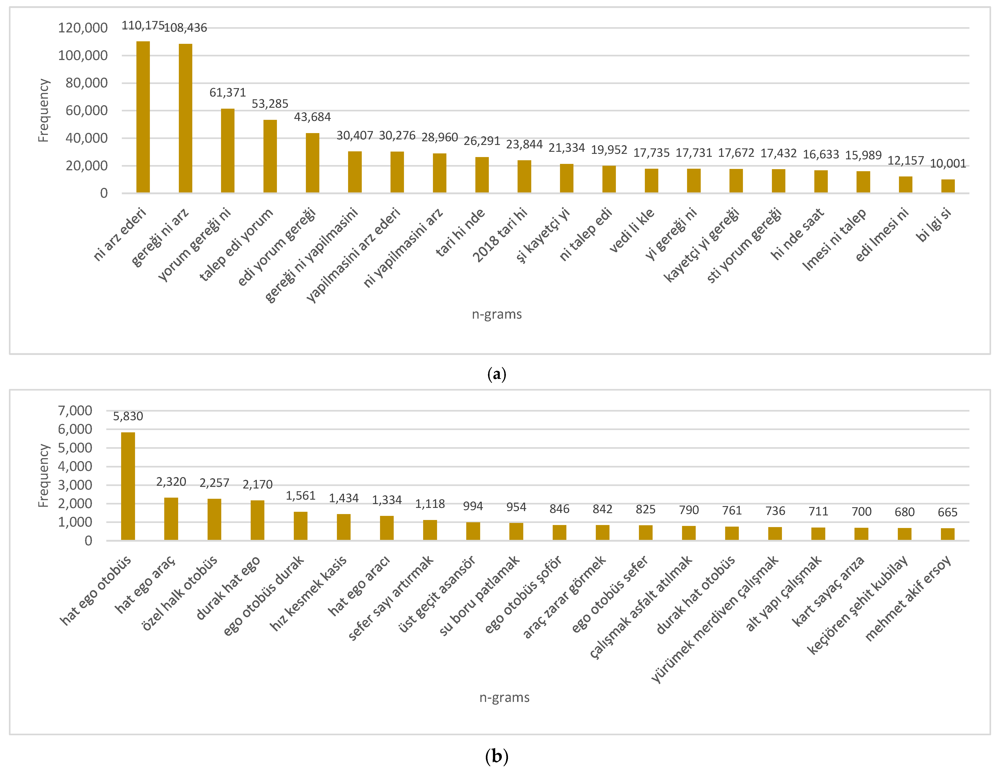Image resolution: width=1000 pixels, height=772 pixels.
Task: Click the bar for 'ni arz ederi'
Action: coord(143,117)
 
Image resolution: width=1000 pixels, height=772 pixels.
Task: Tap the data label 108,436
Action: coord(185,28)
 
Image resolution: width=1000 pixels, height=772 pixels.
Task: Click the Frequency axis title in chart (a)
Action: coord(43,110)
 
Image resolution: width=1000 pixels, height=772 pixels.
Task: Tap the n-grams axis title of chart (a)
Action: coord(497,314)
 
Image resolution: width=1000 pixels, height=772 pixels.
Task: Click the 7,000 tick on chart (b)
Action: coord(75,410)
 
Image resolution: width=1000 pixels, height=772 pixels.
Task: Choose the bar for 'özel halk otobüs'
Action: coord(214,519)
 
